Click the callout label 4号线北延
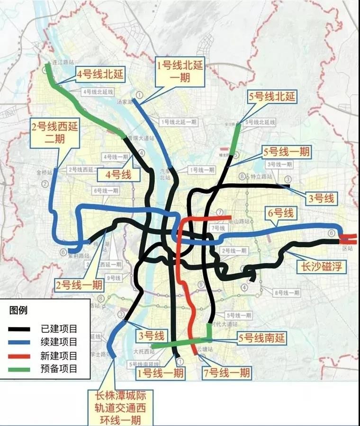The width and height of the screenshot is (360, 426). coord(100,74)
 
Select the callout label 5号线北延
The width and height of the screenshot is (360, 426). coord(272,98)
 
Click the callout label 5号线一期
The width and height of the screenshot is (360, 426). coord(287,151)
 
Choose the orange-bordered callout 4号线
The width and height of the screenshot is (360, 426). coord(119,174)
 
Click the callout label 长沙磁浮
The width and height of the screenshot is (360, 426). coord(321,267)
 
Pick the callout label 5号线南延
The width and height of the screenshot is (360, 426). coord(261,337)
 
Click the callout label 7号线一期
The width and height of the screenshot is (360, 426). coord(226,373)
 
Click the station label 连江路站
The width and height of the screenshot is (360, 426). coord(63,62)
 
